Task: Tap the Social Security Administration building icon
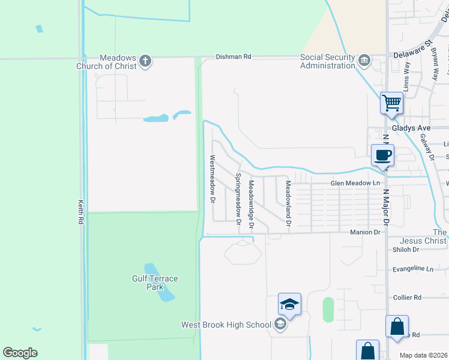(x=364, y=61)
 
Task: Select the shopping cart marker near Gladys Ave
(x=391, y=103)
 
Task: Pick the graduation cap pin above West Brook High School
(x=289, y=304)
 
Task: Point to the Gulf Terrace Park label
(x=155, y=283)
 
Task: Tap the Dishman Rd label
(x=234, y=56)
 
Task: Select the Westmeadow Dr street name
(x=212, y=179)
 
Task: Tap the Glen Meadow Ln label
(x=355, y=182)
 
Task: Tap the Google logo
(x=20, y=353)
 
